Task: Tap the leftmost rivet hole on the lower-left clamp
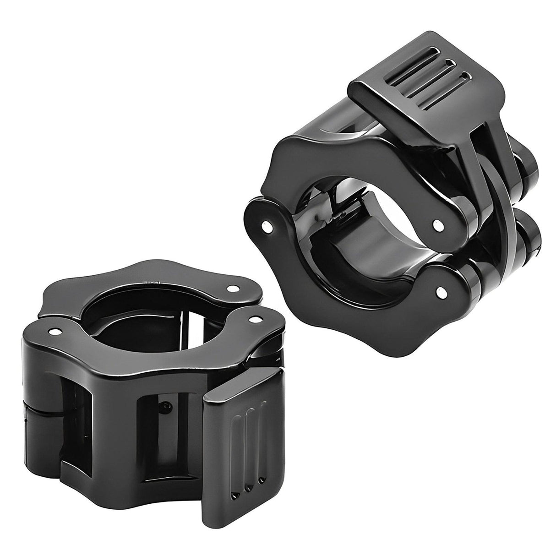coord(56,331)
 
